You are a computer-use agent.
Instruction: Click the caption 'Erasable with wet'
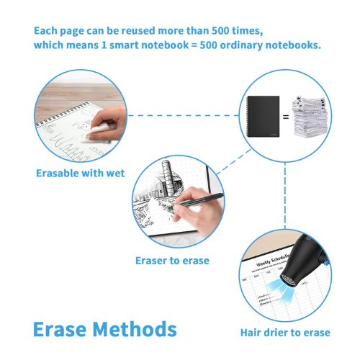[x=81, y=173]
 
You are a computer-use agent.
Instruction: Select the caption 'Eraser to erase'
[x=172, y=260]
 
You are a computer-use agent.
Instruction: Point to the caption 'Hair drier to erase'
[x=285, y=332]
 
